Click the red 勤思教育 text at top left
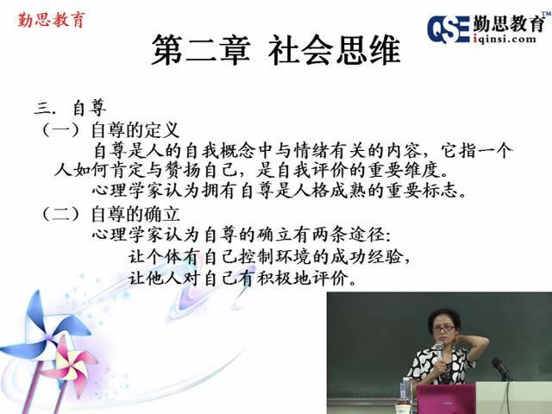pos(52,20)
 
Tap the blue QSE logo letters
pos(448,29)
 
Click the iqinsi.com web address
pos(505,39)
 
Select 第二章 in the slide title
pos(201,50)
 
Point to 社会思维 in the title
pos(335,50)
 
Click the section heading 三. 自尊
pos(71,108)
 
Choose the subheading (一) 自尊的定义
pos(110,130)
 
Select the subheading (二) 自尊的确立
pos(110,214)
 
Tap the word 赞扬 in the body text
pos(182,171)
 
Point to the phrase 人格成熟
pos(329,191)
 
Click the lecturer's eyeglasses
pos(443,329)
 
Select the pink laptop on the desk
pos(446,398)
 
